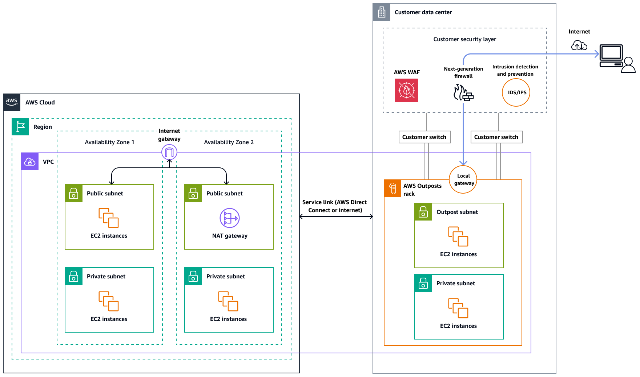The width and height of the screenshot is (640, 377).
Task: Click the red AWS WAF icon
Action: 406,90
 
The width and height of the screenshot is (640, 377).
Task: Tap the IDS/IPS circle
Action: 516,92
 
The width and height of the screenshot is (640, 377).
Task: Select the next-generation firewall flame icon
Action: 463,92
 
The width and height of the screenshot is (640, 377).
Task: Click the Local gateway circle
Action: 463,179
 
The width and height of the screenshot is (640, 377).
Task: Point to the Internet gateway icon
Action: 169,152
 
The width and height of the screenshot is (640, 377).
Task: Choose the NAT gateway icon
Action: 230,218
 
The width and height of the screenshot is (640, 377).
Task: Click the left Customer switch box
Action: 424,137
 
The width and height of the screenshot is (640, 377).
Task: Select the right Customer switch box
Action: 496,137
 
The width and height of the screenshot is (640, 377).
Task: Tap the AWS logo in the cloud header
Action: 12,102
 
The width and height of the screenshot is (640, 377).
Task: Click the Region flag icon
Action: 20,127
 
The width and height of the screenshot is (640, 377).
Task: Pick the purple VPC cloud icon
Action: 30,162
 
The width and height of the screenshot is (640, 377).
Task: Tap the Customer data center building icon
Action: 382,12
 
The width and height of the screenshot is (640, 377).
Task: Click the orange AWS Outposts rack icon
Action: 393,188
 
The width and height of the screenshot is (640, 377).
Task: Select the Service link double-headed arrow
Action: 336,217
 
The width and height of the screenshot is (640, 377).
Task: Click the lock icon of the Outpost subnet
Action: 423,212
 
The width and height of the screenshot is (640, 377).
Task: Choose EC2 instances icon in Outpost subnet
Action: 458,236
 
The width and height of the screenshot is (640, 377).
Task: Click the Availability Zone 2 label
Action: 229,142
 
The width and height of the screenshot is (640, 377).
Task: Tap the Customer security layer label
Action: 464,39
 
